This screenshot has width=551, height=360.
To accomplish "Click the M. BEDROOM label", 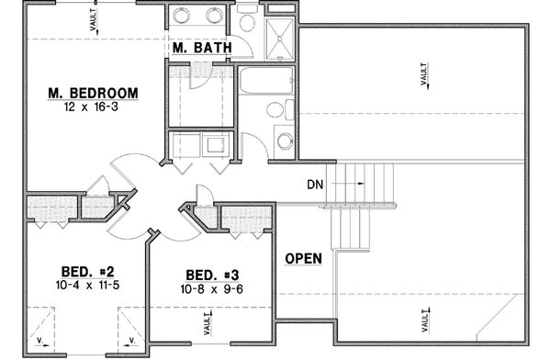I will coord(94,93).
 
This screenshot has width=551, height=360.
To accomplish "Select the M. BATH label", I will coord(200,49).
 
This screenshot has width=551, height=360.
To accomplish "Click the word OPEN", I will coord(303,258).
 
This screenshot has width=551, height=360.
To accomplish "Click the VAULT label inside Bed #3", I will coord(206,324).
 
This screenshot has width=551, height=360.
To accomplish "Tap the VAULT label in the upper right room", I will coord(425,74).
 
